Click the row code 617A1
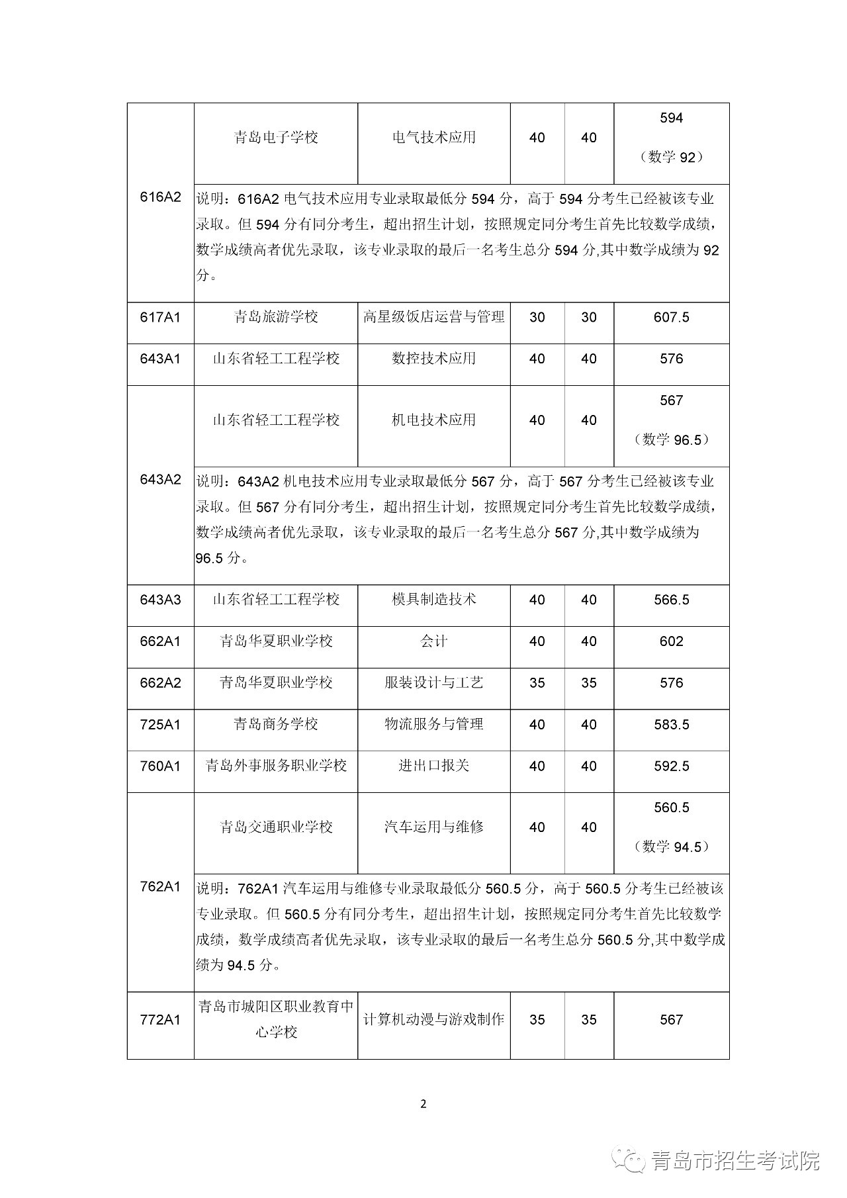point(160,318)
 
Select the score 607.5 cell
point(671,318)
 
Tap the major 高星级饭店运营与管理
point(433,318)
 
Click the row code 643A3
point(160,600)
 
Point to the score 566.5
point(671,600)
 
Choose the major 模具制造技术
point(433,600)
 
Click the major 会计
point(433,642)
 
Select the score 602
point(671,642)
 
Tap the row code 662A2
point(160,683)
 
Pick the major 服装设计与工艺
point(433,683)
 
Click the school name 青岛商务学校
point(276,725)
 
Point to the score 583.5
point(671,725)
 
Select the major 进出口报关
point(433,766)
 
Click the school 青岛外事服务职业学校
point(276,766)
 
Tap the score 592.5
point(671,766)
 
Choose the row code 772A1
point(160,1020)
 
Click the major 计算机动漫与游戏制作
point(433,1020)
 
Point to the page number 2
point(423,1104)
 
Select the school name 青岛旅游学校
point(276,318)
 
